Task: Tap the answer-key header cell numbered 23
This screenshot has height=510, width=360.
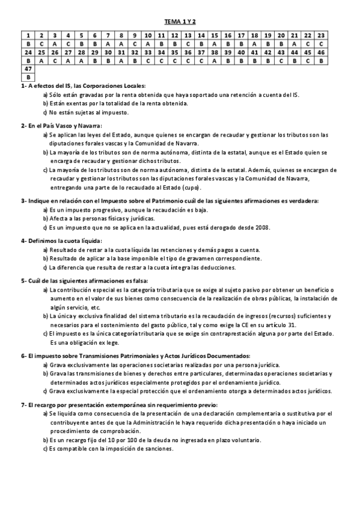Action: coord(322,35)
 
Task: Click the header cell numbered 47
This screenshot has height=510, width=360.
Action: coord(28,69)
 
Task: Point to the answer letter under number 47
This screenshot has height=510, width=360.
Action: coord(28,78)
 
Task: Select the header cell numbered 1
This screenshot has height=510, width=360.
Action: coord(28,35)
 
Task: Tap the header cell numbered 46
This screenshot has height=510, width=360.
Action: coord(322,52)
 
